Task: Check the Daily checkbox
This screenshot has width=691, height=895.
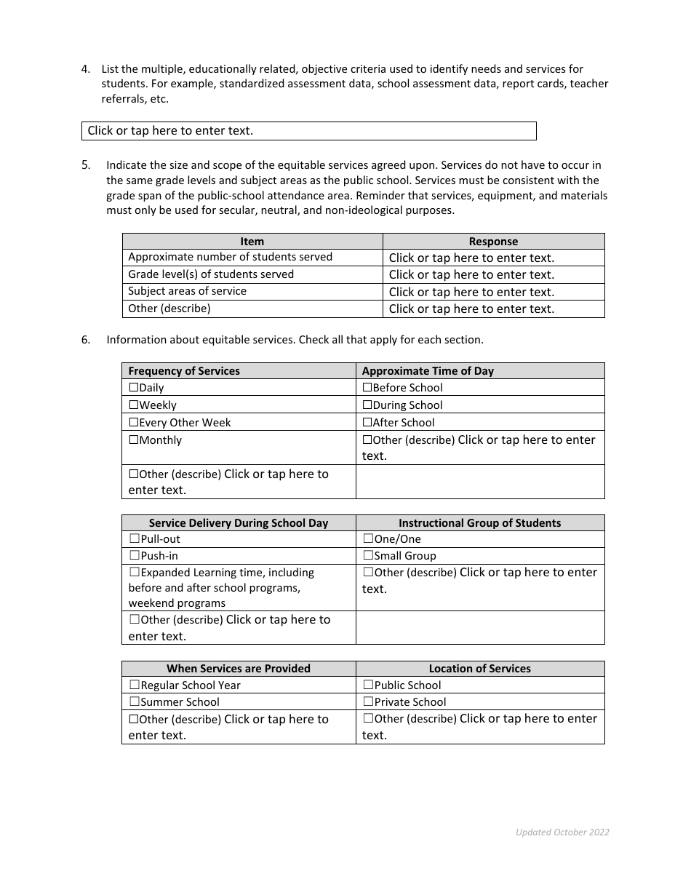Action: pyautogui.click(x=134, y=388)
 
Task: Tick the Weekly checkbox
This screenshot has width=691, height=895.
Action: pyautogui.click(x=134, y=405)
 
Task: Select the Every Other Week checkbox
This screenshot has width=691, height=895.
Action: pyautogui.click(x=134, y=422)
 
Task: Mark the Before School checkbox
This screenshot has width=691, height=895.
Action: pyautogui.click(x=367, y=388)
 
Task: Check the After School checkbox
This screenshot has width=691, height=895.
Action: pyautogui.click(x=367, y=422)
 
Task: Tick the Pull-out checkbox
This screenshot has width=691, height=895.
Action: pyautogui.click(x=135, y=538)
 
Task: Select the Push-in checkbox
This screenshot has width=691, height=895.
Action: pyautogui.click(x=135, y=555)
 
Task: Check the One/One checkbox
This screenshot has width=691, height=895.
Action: pyautogui.click(x=368, y=538)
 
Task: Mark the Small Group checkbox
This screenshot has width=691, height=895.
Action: pyautogui.click(x=368, y=555)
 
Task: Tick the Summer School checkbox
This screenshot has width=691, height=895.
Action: pyautogui.click(x=135, y=701)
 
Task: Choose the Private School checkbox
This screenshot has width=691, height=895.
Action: pyautogui.click(x=368, y=701)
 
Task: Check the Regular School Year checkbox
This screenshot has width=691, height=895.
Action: pyautogui.click(x=135, y=685)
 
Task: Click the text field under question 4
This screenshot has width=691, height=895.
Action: pyautogui.click(x=308, y=131)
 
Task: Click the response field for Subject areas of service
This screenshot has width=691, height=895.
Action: pyautogui.click(x=493, y=292)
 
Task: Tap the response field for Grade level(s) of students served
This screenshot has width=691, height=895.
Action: pyautogui.click(x=493, y=275)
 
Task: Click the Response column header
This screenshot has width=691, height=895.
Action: pyautogui.click(x=493, y=242)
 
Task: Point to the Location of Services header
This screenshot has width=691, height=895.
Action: pyautogui.click(x=479, y=669)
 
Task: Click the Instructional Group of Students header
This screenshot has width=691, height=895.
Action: pyautogui.click(x=479, y=522)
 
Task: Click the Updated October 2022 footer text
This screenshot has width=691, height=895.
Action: pyautogui.click(x=562, y=832)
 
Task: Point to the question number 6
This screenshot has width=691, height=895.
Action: pyautogui.click(x=86, y=340)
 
